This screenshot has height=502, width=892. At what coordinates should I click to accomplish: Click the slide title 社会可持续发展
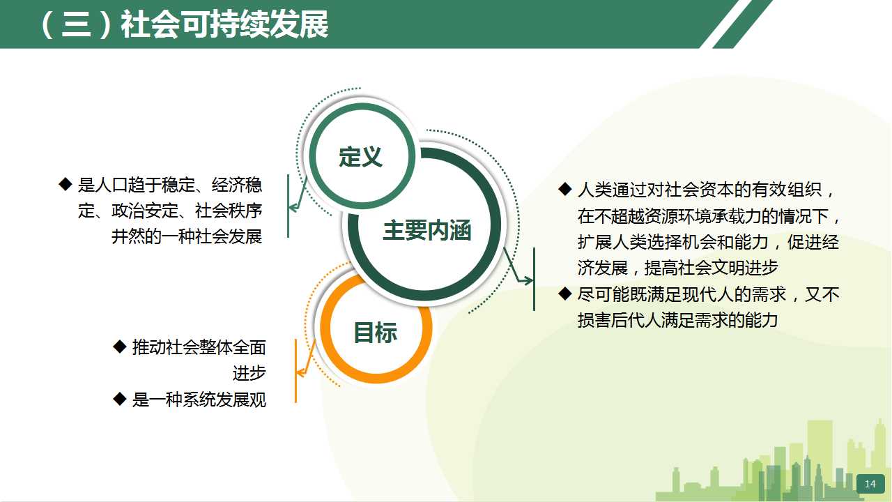click(x=225, y=24)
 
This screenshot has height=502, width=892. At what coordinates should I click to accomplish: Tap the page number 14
click(x=870, y=484)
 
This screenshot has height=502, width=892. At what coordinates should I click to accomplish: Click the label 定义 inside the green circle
click(x=361, y=157)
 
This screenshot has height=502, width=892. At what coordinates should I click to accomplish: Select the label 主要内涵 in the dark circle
click(x=427, y=230)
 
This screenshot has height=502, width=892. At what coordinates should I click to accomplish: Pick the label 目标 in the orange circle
click(x=376, y=332)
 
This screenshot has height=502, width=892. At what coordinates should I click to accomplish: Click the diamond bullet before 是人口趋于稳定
click(x=66, y=185)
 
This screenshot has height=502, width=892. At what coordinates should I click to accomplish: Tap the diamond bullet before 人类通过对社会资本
click(x=565, y=189)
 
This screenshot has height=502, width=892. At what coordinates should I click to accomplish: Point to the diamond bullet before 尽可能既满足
click(x=565, y=294)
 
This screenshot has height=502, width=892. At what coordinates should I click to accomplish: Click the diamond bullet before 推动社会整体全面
click(x=120, y=347)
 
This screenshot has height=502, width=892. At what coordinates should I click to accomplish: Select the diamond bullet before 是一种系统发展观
click(x=120, y=399)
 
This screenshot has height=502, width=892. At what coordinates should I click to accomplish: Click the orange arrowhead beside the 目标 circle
click(x=300, y=373)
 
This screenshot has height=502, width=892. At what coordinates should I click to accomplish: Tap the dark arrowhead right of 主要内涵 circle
click(x=528, y=280)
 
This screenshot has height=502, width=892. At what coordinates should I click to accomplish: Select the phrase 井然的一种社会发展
click(x=187, y=236)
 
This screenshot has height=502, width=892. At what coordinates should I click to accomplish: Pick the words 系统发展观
click(x=224, y=400)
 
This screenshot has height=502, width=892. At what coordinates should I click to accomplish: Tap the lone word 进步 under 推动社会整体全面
click(x=249, y=373)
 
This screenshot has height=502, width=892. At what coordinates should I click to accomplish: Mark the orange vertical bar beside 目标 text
click(x=296, y=371)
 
